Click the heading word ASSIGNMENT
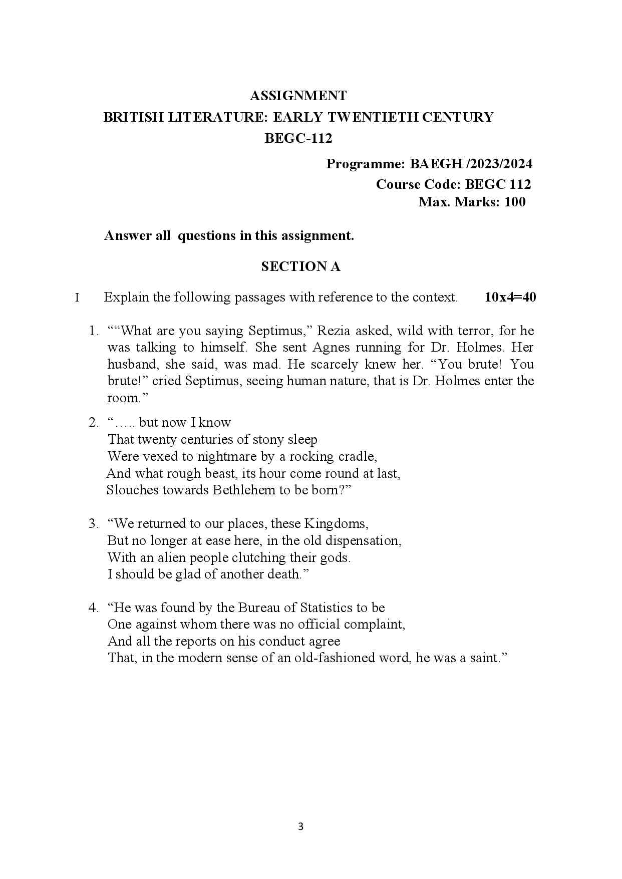tap(298, 96)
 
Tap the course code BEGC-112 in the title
tap(298, 138)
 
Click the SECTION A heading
tap(300, 266)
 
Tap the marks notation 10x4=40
tap(510, 297)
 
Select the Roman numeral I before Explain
tap(77, 298)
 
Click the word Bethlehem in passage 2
tap(243, 490)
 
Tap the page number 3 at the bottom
tap(300, 826)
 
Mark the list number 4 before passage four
tap(93, 608)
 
